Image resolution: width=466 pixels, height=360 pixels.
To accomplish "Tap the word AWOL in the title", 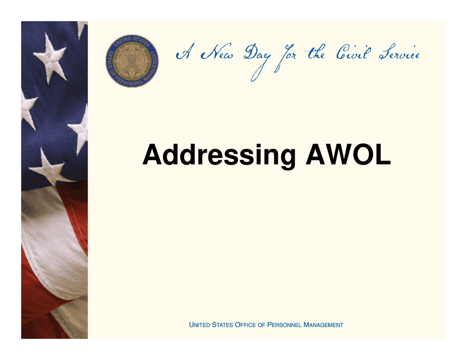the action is point(348,154).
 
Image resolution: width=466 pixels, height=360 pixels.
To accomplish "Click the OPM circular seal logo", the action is point(132,61).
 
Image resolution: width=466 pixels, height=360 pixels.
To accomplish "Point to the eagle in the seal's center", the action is point(131,60).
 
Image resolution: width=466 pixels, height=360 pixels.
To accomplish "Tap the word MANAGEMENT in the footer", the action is point(323,325).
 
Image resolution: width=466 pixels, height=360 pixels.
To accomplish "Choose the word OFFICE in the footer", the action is point(245,325).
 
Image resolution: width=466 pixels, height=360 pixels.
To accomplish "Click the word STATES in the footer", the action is point(222,325).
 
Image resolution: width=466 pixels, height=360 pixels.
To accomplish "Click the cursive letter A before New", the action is point(185,51).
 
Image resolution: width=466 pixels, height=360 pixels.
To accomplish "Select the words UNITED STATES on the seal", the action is point(132,41).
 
